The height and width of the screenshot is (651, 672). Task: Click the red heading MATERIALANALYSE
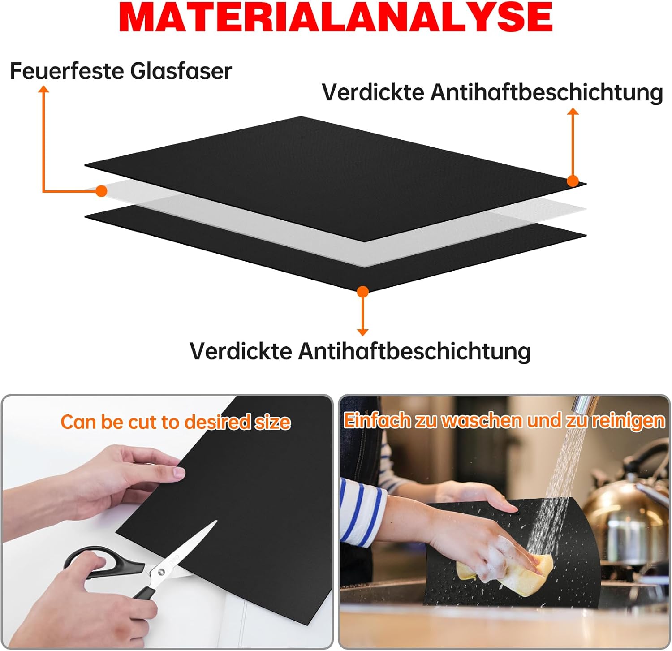coord(336,17)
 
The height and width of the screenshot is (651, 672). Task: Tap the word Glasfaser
coord(181,71)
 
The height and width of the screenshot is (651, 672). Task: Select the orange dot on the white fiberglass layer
coord(102,191)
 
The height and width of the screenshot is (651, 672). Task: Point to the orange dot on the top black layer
coord(573,181)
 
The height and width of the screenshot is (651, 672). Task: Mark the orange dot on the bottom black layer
coord(363,292)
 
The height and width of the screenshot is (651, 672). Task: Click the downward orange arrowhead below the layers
coord(363,332)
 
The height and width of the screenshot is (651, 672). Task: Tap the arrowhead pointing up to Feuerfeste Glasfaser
coord(43,89)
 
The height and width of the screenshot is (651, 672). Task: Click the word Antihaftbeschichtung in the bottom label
coord(415,351)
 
